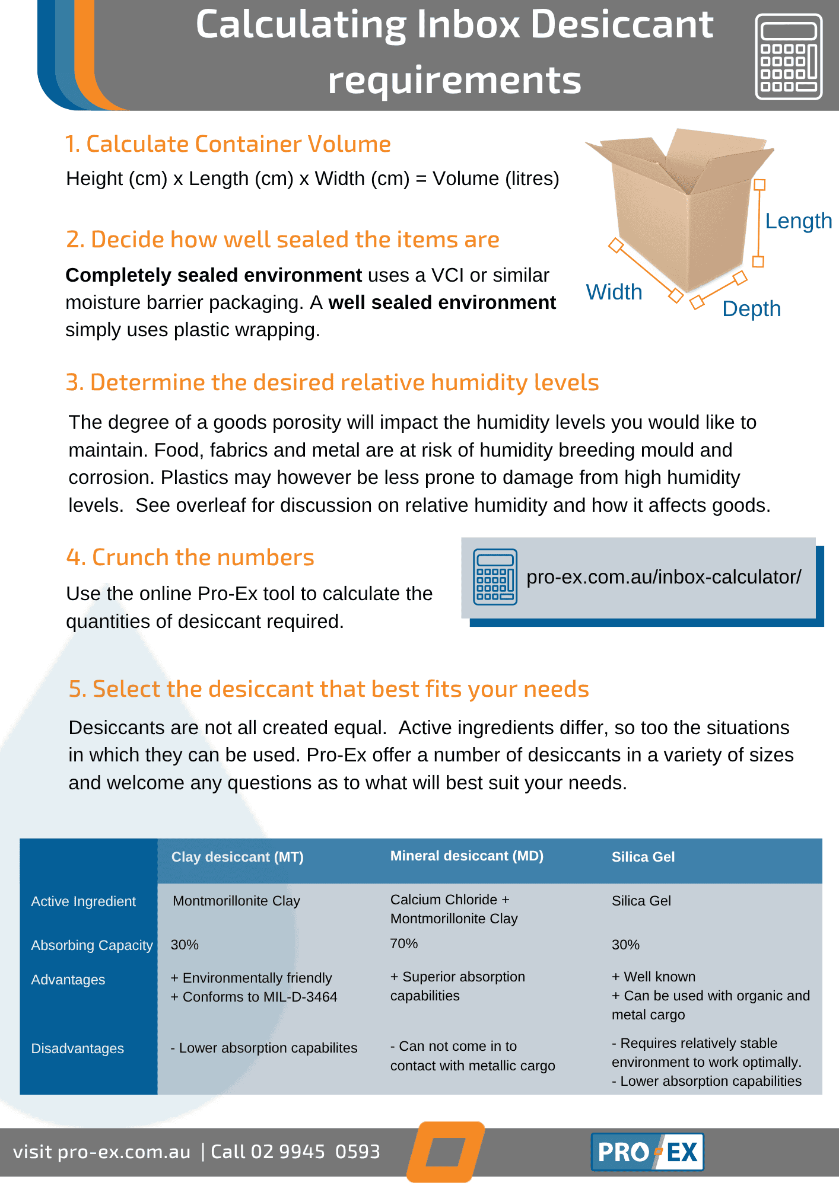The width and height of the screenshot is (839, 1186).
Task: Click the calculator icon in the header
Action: pyautogui.click(x=789, y=56)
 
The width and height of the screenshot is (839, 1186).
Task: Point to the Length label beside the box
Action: pyautogui.click(x=798, y=221)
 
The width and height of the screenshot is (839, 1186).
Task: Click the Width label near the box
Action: pyautogui.click(x=614, y=292)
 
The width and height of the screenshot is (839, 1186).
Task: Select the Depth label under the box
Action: pyautogui.click(x=751, y=309)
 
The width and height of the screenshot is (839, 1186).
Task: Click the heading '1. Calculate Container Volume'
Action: pyautogui.click(x=228, y=144)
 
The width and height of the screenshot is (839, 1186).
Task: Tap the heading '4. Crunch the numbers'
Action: pyautogui.click(x=190, y=557)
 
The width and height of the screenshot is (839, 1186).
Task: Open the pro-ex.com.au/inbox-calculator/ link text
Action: pyautogui.click(x=663, y=577)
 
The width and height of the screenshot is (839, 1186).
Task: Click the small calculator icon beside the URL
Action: pyautogui.click(x=495, y=577)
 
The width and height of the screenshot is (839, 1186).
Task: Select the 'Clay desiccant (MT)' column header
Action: pyautogui.click(x=237, y=857)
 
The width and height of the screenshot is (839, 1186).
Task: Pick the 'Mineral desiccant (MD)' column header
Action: pyautogui.click(x=467, y=856)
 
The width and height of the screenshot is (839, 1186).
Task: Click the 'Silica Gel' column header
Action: pyautogui.click(x=643, y=857)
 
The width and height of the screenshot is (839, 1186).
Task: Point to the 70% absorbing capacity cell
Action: pyautogui.click(x=404, y=943)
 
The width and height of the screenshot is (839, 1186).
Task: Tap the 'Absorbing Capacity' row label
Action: pyautogui.click(x=92, y=945)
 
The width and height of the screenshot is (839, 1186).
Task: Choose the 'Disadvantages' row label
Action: pyautogui.click(x=78, y=1048)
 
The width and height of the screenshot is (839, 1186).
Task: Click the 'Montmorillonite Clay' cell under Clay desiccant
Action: pyautogui.click(x=236, y=901)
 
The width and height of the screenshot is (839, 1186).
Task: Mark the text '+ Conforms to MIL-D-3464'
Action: pyautogui.click(x=254, y=997)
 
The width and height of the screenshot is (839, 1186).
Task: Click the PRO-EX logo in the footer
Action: pyautogui.click(x=647, y=1152)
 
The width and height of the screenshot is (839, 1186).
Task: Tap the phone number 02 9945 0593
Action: pyautogui.click(x=315, y=1152)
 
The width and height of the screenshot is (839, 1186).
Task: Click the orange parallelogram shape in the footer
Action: pyautogui.click(x=446, y=1151)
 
